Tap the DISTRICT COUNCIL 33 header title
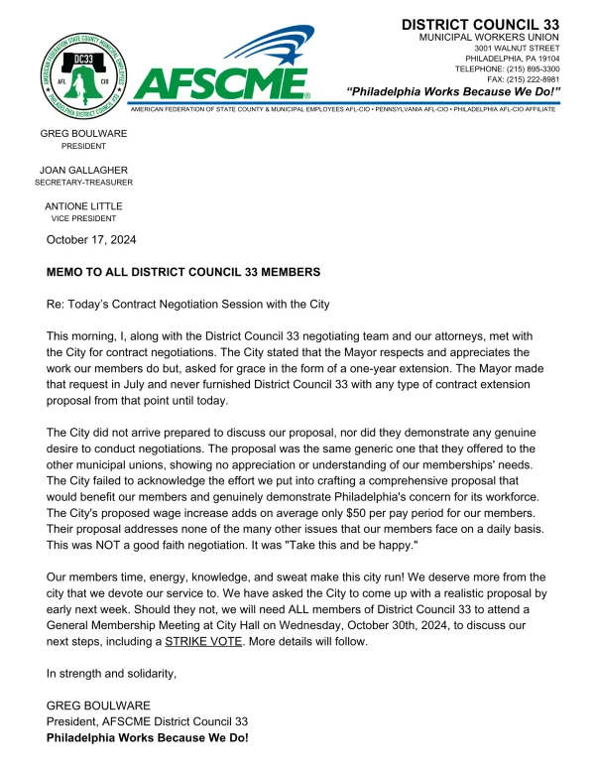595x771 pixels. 479,24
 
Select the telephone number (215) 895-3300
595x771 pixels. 523,69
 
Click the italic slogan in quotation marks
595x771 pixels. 454,92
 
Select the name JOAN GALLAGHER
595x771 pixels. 83,170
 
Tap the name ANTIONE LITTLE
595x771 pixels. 83,205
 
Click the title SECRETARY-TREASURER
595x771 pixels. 83,183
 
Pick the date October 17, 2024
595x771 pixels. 91,239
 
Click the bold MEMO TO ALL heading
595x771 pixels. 183,271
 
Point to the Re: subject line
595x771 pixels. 187,303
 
